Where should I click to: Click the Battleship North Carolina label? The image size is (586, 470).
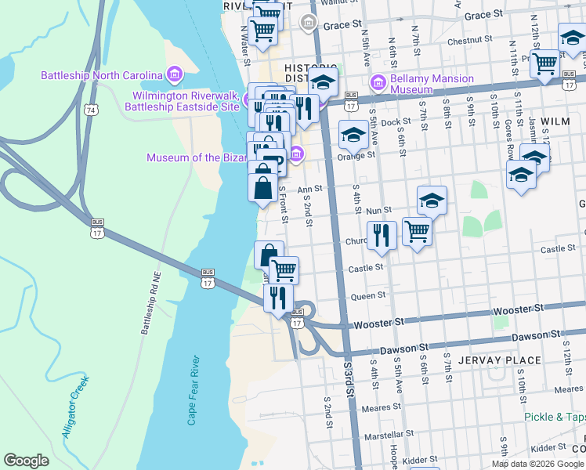tap(102, 75)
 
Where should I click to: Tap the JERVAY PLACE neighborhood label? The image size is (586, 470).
tap(501, 360)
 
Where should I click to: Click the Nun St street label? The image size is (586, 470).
tap(378, 211)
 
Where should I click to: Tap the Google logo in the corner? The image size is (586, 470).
tap(26, 460)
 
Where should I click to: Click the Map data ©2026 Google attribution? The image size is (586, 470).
tap(537, 464)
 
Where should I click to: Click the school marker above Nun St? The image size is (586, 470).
tap(432, 201)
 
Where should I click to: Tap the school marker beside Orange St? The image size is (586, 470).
tap(353, 136)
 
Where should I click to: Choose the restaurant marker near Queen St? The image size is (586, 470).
tap(278, 298)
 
